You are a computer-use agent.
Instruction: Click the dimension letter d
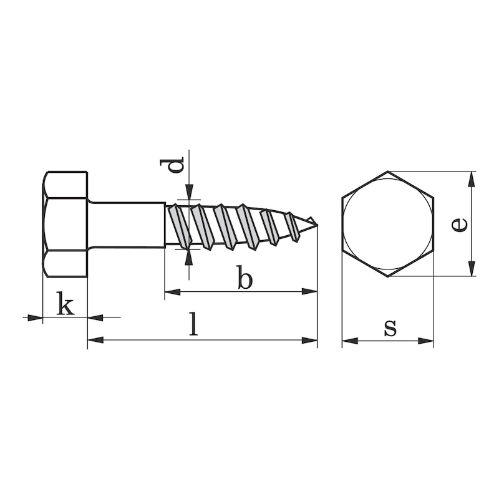point(176,167)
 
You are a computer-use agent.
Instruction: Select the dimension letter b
point(244,278)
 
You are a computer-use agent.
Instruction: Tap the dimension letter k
point(65,305)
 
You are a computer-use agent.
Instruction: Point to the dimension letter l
point(194,325)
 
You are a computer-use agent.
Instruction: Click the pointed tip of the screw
point(316,224)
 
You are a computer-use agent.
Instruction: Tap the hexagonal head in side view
point(65,224)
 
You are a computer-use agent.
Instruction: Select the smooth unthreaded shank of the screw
point(127,224)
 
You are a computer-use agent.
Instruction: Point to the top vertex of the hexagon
point(387,172)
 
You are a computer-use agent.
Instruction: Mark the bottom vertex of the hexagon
point(387,276)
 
